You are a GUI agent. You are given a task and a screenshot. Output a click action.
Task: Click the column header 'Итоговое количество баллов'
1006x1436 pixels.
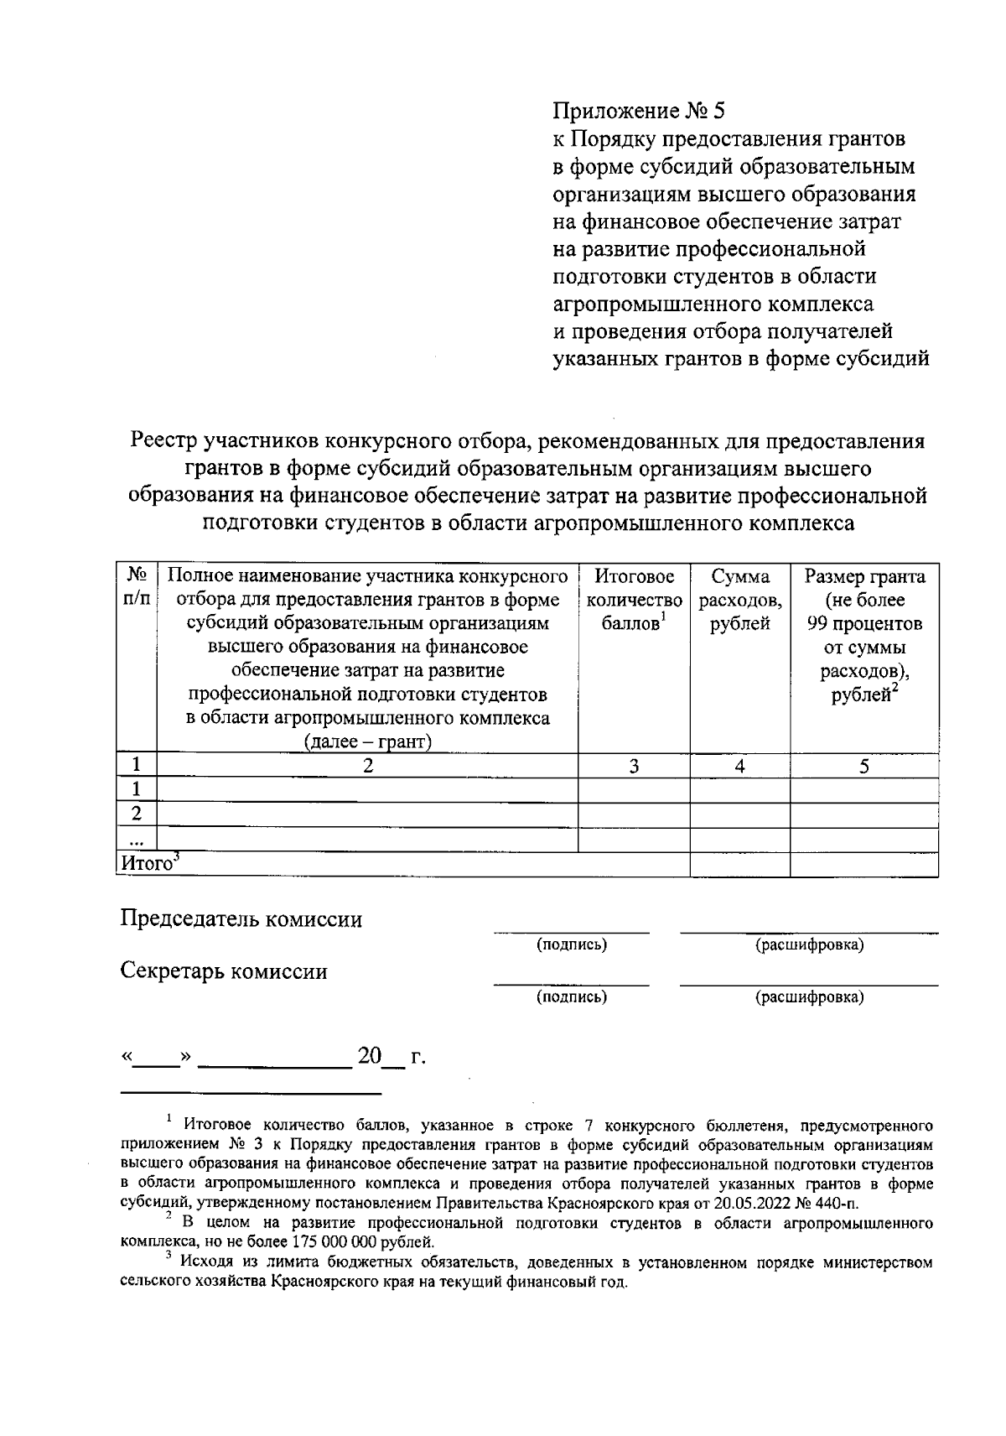634,600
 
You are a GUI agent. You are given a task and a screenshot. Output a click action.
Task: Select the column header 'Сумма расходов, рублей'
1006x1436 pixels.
740,600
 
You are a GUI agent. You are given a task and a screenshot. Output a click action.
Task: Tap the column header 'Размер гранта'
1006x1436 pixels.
864,577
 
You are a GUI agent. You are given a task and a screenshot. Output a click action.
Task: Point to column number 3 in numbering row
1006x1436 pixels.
634,766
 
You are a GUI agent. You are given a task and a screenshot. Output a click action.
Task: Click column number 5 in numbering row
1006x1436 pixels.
864,766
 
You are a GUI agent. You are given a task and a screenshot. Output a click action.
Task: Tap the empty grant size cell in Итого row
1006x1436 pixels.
864,865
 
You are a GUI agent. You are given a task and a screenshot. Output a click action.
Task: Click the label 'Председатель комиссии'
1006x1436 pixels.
241,919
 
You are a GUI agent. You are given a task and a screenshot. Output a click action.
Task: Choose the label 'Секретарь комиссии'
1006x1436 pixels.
224,971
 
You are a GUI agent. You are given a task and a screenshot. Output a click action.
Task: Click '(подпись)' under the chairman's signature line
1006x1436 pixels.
572,945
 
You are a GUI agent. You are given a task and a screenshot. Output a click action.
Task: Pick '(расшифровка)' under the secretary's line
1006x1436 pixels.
809,997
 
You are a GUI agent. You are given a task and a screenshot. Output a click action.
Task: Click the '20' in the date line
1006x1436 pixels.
370,1057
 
